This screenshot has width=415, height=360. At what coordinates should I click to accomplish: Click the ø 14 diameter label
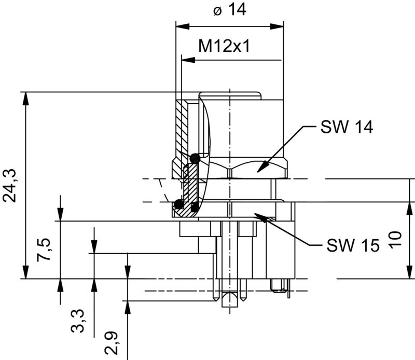coord(229,11)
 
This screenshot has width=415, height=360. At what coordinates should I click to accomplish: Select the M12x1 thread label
coord(225,47)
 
